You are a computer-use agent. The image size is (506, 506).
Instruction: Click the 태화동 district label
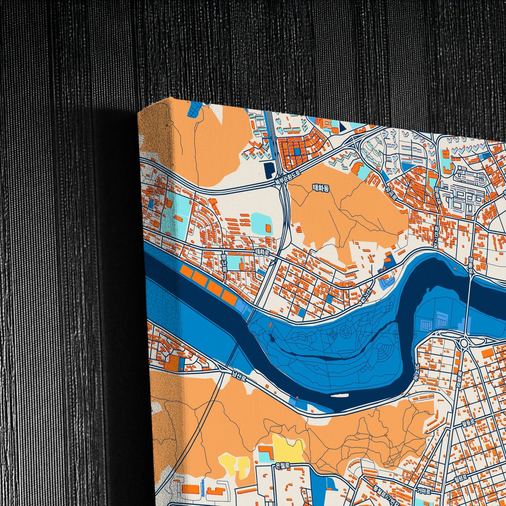pyautogui.click(x=321, y=188)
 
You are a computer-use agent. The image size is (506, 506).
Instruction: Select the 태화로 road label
pyautogui.click(x=262, y=251)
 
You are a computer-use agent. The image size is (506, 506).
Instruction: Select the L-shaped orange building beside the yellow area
pyautogui.click(x=266, y=452)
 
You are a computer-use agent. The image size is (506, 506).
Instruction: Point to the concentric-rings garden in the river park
pyautogui.click(x=346, y=331)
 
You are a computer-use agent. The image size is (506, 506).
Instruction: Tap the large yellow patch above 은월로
pyautogui.click(x=288, y=448)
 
